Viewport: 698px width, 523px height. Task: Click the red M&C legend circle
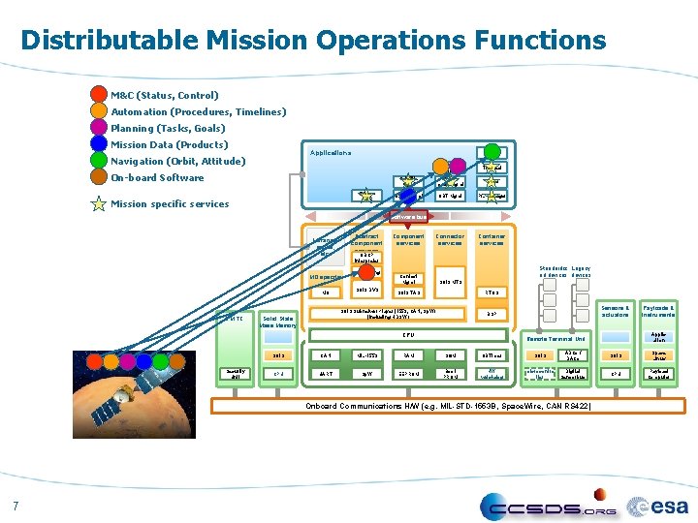tap(99, 95)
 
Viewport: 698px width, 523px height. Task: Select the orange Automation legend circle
tap(99, 111)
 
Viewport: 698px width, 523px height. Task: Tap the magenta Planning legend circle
tap(99, 128)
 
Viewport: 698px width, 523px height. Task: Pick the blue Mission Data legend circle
tap(99, 144)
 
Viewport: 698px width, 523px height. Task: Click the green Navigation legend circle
tap(99, 161)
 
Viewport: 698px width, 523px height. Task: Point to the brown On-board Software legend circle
tap(99, 177)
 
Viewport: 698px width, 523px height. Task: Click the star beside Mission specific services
tap(99, 203)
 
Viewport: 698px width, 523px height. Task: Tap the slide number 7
tap(16, 504)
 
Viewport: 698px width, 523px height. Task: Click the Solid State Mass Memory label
tap(278, 322)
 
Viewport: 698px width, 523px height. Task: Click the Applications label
tap(331, 153)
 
